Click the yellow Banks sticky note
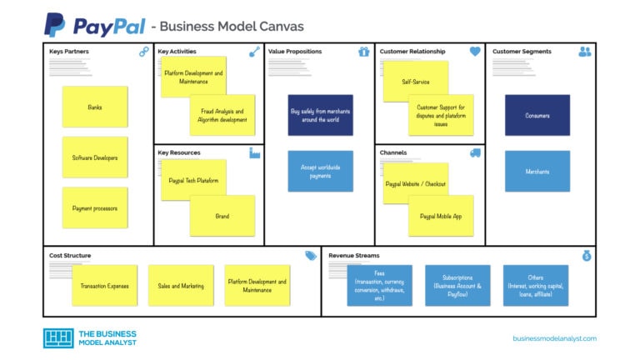[x=95, y=107]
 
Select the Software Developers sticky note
[x=95, y=157]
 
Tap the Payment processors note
[x=95, y=208]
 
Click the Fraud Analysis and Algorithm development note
[x=222, y=115]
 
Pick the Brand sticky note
[x=222, y=216]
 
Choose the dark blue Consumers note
[x=537, y=115]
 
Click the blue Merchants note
[x=537, y=172]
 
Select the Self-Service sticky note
[x=415, y=82]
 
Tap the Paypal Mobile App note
[x=441, y=216]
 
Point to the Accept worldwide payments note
[x=321, y=172]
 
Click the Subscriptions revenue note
[x=457, y=286]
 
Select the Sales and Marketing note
[x=181, y=286]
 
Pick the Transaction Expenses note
[x=105, y=286]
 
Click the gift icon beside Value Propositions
[x=363, y=52]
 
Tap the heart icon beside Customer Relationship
[x=475, y=52]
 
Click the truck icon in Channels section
[x=475, y=152]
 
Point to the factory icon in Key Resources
[x=255, y=152]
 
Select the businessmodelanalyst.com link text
[x=554, y=338]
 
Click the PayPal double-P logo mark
[x=55, y=25]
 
